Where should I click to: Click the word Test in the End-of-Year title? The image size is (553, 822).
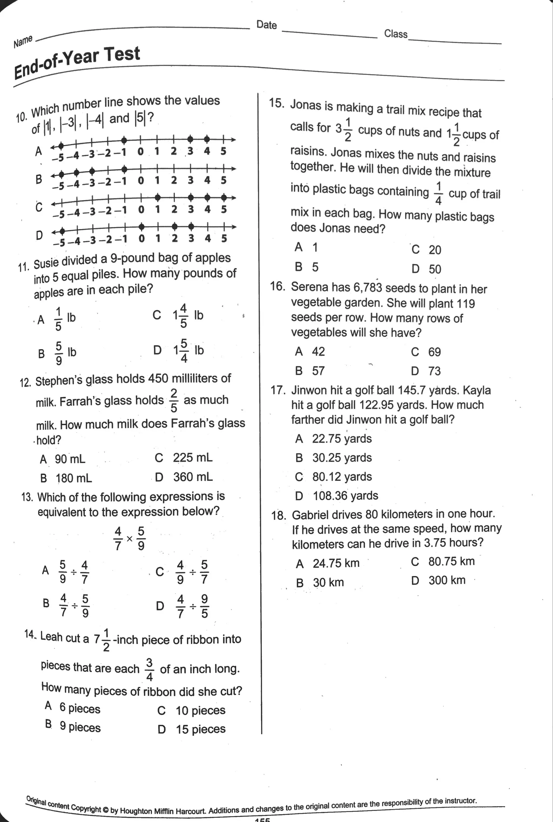point(122,55)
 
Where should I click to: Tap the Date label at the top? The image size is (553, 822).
point(266,25)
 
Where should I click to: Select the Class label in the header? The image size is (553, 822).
point(395,33)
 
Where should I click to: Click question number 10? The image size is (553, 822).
point(21,117)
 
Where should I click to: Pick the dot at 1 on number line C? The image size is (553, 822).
point(158,197)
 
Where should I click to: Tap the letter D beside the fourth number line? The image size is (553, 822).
point(39,235)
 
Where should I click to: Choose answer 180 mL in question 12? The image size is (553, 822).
point(73,478)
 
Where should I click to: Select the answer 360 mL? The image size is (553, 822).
point(193,477)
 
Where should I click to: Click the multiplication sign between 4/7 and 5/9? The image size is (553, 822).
point(129,539)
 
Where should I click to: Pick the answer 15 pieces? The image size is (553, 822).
point(200,729)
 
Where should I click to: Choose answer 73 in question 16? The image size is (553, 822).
point(434,371)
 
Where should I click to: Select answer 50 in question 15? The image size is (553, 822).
point(435,269)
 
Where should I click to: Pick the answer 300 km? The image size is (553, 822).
point(447,580)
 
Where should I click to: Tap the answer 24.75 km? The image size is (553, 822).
point(336,563)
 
